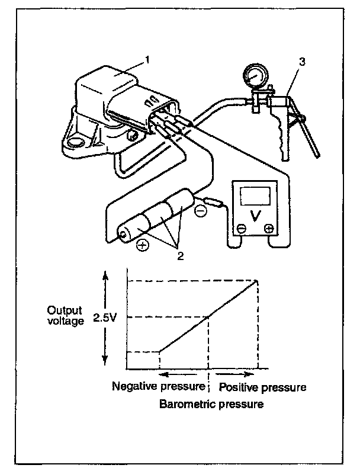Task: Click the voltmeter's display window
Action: [254, 195]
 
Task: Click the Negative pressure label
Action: [159, 387]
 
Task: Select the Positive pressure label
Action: [262, 387]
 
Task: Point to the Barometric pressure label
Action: [211, 405]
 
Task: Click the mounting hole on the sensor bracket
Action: [75, 142]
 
